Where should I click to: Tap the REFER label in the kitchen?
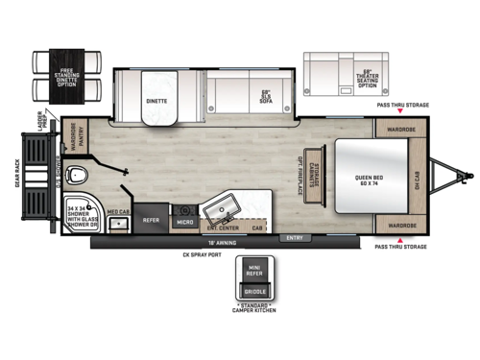(x=151, y=219)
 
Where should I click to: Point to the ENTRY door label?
(x=294, y=236)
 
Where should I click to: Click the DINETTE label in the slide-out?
(x=156, y=100)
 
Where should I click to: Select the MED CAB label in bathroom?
(x=118, y=212)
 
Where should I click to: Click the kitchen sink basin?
(x=228, y=210)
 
